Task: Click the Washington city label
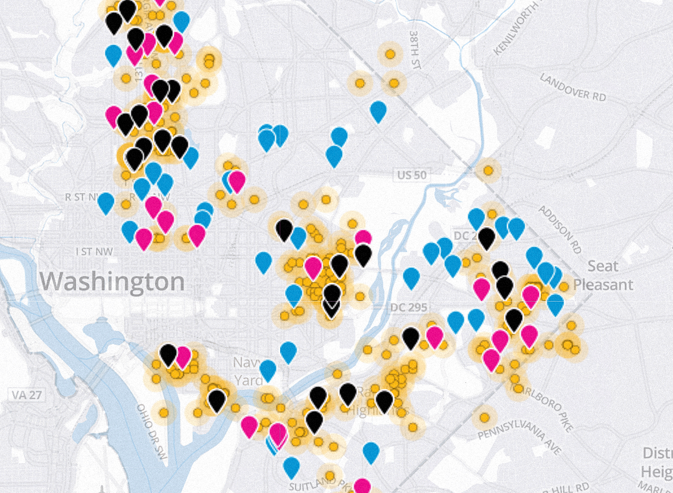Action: [x=112, y=282]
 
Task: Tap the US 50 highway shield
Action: [x=411, y=175]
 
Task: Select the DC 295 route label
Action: [x=408, y=308]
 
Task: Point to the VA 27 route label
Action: [x=26, y=395]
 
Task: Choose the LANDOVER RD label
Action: [x=573, y=87]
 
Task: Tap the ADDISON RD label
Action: [x=560, y=229]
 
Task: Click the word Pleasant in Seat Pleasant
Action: [x=603, y=285]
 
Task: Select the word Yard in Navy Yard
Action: [x=248, y=380]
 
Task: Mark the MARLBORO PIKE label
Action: [x=542, y=407]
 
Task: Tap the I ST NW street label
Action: [x=94, y=251]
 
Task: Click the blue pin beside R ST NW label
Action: [x=106, y=202]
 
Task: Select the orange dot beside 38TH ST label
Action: [x=390, y=54]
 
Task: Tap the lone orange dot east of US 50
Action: [x=488, y=170]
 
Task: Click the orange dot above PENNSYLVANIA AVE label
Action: [x=484, y=418]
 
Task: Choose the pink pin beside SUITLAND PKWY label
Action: [x=362, y=486]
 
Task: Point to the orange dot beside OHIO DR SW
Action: [x=164, y=412]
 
